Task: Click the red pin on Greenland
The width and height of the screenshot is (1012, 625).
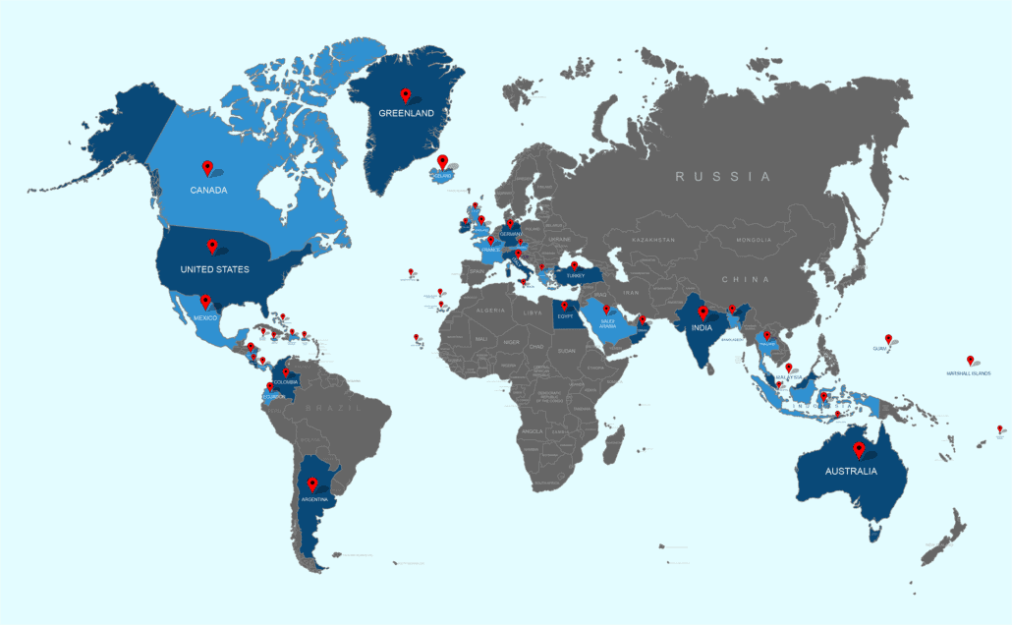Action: tap(406, 95)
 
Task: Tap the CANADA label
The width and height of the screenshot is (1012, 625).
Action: tap(209, 190)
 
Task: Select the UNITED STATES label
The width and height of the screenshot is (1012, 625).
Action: tap(214, 269)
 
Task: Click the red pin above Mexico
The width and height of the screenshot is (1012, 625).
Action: tap(205, 301)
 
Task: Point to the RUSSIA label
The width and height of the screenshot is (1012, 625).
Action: tap(722, 177)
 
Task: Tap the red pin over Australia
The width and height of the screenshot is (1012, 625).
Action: tap(859, 449)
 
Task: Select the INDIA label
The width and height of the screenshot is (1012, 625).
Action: tap(701, 329)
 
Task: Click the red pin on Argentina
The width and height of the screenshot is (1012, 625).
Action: tap(312, 483)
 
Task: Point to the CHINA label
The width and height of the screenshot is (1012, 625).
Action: tap(745, 280)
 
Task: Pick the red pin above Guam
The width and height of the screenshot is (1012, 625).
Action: tap(888, 338)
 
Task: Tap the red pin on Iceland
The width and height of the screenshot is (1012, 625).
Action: tap(442, 161)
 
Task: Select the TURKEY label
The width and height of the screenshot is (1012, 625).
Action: tap(574, 276)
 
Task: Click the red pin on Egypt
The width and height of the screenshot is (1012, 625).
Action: tap(565, 306)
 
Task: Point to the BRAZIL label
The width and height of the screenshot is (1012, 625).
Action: tap(326, 407)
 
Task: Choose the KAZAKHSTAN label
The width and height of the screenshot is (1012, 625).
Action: tap(652, 240)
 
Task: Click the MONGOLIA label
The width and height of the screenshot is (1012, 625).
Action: tap(755, 240)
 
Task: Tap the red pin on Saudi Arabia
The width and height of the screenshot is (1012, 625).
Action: tap(606, 310)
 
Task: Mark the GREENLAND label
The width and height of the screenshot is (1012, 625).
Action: tap(406, 113)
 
